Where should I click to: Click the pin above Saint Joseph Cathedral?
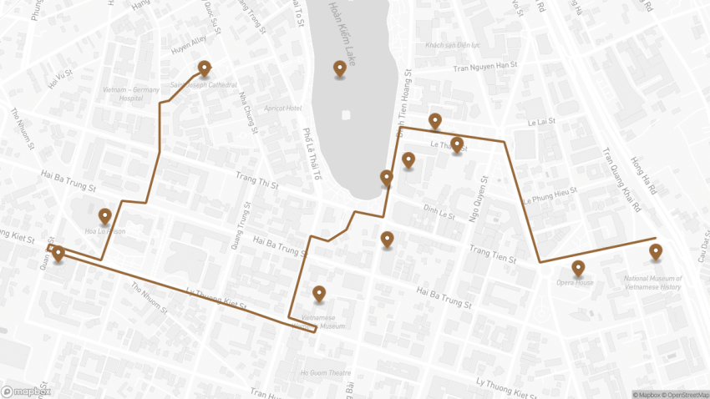click(x=204, y=68)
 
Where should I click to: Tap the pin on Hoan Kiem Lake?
click(x=340, y=68)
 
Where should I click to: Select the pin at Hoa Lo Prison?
click(x=104, y=216)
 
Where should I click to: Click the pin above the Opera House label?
click(x=578, y=268)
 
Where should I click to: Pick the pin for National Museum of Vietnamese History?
click(x=656, y=251)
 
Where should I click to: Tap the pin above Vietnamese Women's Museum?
click(x=319, y=293)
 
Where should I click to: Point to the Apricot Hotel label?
click(x=281, y=109)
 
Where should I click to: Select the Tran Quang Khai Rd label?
click(x=619, y=180)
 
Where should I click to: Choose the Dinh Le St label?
click(x=439, y=212)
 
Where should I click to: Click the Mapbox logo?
click(x=26, y=391)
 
